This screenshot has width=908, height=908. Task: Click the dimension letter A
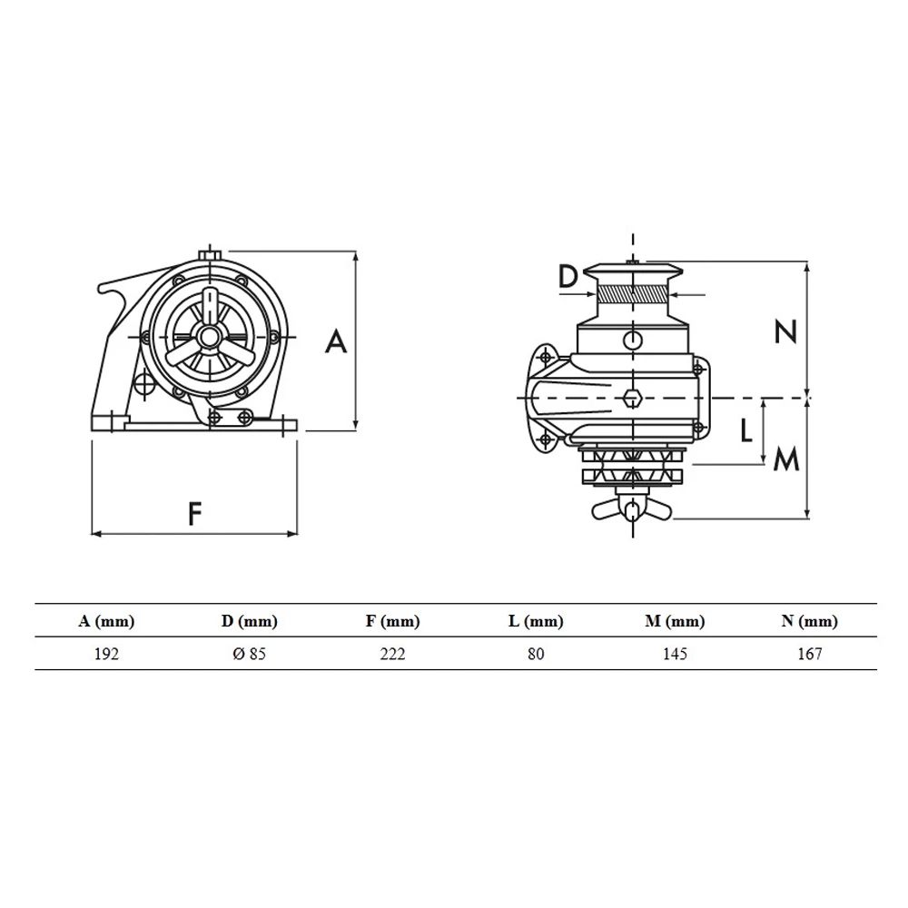pyautogui.click(x=336, y=341)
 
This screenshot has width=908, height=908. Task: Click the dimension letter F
pyautogui.click(x=193, y=514)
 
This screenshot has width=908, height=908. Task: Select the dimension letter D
pyautogui.click(x=567, y=277)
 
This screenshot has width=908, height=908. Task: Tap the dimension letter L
pyautogui.click(x=746, y=430)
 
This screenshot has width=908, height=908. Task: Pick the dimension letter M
pyautogui.click(x=785, y=461)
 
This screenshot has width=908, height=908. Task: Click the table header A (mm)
pyautogui.click(x=106, y=622)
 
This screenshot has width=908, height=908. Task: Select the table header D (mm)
pyautogui.click(x=250, y=622)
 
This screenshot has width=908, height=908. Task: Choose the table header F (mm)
pyautogui.click(x=392, y=622)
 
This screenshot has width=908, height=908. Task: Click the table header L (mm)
pyautogui.click(x=536, y=622)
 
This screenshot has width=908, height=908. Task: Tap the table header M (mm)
pyautogui.click(x=675, y=622)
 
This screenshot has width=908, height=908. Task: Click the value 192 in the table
pyautogui.click(x=106, y=654)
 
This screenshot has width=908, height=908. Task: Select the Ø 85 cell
pyautogui.click(x=250, y=654)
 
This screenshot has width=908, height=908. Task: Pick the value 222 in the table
pyautogui.click(x=392, y=654)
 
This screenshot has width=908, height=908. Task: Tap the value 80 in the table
pyautogui.click(x=536, y=654)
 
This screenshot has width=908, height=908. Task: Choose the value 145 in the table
pyautogui.click(x=675, y=654)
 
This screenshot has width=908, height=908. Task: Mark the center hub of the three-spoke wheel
pyautogui.click(x=209, y=337)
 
